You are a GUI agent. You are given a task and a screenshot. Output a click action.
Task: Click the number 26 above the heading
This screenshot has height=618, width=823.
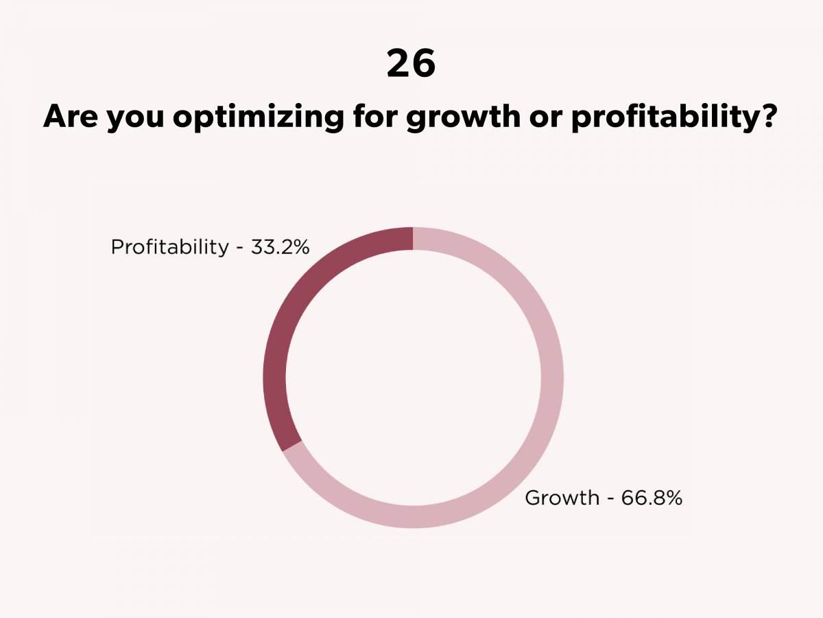coord(411,64)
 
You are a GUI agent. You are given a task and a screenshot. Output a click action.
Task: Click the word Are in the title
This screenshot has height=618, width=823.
coord(70,115)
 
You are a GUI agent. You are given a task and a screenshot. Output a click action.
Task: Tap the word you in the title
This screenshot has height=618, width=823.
coord(134,119)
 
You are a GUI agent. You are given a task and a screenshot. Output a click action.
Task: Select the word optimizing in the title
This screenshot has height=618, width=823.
coord(258,117)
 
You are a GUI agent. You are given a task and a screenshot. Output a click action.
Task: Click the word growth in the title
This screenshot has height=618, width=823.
coord(463,117)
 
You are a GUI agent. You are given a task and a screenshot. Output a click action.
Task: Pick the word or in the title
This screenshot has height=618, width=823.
coord(546,119)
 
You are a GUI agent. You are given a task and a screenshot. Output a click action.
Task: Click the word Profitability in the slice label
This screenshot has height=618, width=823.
coord(170,247)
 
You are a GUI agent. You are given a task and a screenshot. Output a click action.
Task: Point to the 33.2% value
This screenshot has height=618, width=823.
coord(280,247)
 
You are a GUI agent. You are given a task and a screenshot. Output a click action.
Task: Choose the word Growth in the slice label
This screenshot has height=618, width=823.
coord(562,498)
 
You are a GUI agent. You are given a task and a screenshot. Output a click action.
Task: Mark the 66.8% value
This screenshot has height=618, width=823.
coord(652,498)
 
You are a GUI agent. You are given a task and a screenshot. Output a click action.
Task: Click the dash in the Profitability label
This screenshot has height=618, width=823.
coord(239,249)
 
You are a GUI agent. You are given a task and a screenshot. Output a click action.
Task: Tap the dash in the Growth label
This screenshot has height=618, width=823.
coord(610,500)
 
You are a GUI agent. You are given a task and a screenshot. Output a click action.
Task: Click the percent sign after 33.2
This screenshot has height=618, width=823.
coord(300,247)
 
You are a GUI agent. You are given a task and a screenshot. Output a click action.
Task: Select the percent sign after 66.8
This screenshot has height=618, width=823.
coord(672,498)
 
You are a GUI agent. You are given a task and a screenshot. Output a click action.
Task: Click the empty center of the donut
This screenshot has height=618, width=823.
coord(413,378)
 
